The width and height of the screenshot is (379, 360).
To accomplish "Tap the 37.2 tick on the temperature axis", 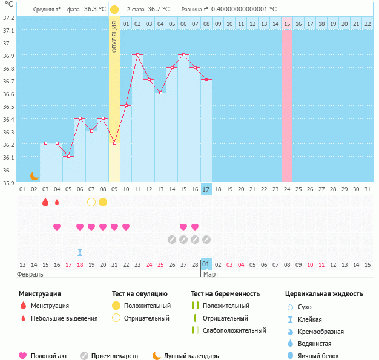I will [x=8, y=18].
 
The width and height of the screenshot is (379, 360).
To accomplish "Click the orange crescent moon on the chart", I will [x=35, y=176].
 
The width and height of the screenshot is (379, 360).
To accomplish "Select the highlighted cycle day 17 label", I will [x=206, y=190].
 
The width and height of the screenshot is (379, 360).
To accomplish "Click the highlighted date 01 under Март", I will [x=206, y=264].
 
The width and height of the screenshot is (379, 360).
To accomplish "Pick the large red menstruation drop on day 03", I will [x=45, y=202].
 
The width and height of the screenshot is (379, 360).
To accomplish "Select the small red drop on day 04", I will [x=57, y=202].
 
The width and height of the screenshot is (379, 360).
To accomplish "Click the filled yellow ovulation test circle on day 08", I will [x=103, y=202].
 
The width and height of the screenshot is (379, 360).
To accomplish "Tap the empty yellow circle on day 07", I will [x=91, y=202].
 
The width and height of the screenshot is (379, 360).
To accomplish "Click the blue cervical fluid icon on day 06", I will [x=80, y=252].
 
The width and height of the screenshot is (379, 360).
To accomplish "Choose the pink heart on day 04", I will [x=57, y=227].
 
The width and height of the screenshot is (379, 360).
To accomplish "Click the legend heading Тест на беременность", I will [x=225, y=293].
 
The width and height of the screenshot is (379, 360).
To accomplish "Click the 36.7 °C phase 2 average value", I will [x=157, y=10].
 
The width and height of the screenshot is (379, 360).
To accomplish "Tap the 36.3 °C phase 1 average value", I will [x=94, y=10].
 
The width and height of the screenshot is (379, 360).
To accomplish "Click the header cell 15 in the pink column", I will [x=287, y=24].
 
